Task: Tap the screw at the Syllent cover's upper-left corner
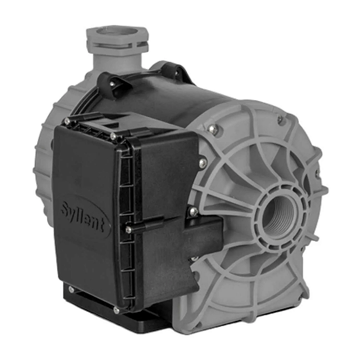[67, 122]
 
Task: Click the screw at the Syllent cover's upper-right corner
[113, 136]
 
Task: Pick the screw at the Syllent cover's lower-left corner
[71, 289]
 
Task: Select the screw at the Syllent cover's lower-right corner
[116, 311]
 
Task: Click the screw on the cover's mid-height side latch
[129, 229]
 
